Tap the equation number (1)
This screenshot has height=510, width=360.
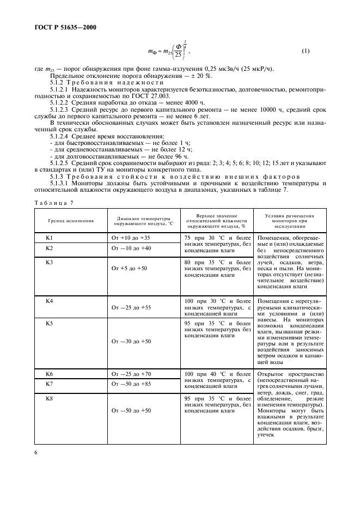(306, 51)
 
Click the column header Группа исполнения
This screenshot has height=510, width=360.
(70, 221)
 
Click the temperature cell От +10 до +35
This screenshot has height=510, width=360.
(131, 238)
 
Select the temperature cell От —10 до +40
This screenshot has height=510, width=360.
(131, 248)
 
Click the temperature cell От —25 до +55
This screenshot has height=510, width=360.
(131, 308)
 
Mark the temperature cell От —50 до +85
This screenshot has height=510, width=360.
(131, 384)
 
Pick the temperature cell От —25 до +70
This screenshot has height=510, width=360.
(131, 374)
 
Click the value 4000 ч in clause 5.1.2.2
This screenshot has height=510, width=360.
(192, 102)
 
